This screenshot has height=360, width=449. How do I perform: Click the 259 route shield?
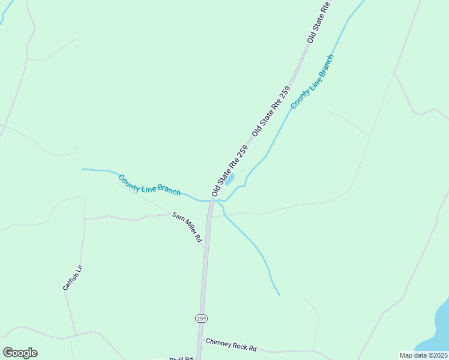[201, 318]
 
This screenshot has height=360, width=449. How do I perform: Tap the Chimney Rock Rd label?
[231, 345]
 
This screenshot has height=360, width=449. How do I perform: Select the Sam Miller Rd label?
[187, 226]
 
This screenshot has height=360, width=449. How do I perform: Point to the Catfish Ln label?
[72, 278]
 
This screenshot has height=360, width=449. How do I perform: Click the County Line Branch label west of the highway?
[149, 185]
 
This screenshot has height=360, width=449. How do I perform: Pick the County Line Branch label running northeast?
[312, 82]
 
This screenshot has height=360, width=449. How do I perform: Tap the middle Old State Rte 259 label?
[271, 111]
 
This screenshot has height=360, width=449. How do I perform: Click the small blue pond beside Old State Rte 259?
[229, 179]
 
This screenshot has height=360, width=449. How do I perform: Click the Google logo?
[20, 353]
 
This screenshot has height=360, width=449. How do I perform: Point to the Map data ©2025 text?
[424, 355]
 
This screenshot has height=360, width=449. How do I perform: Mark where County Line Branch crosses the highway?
[211, 201]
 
